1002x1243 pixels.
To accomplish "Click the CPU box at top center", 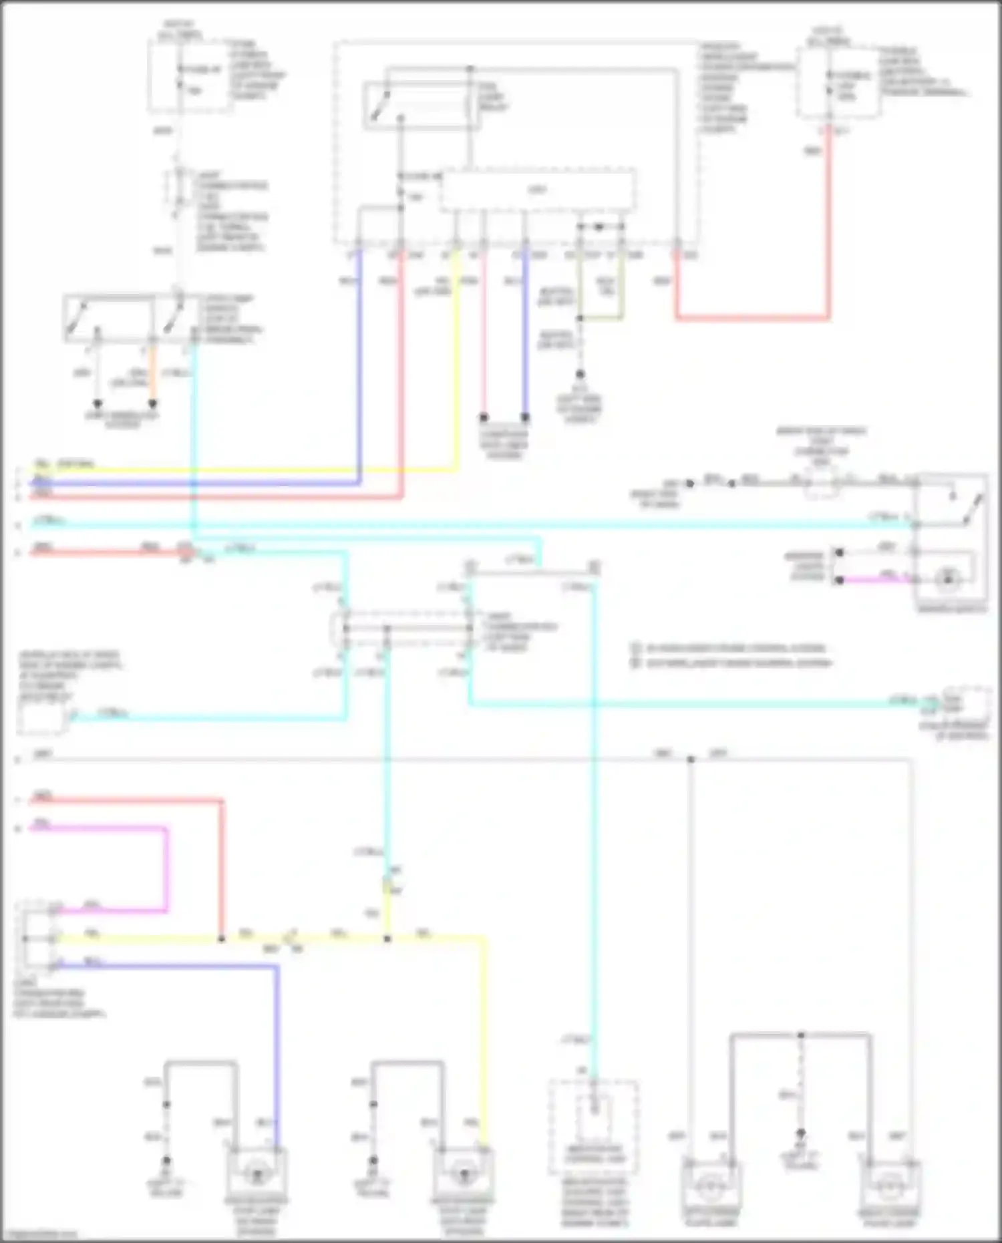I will [x=537, y=190].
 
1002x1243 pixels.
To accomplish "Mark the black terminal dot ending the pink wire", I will [x=484, y=417].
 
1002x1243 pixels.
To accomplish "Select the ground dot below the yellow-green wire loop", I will [x=580, y=374].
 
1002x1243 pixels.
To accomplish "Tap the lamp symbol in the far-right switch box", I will [x=947, y=580].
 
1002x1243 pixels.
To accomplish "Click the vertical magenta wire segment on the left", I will [x=166, y=868].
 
